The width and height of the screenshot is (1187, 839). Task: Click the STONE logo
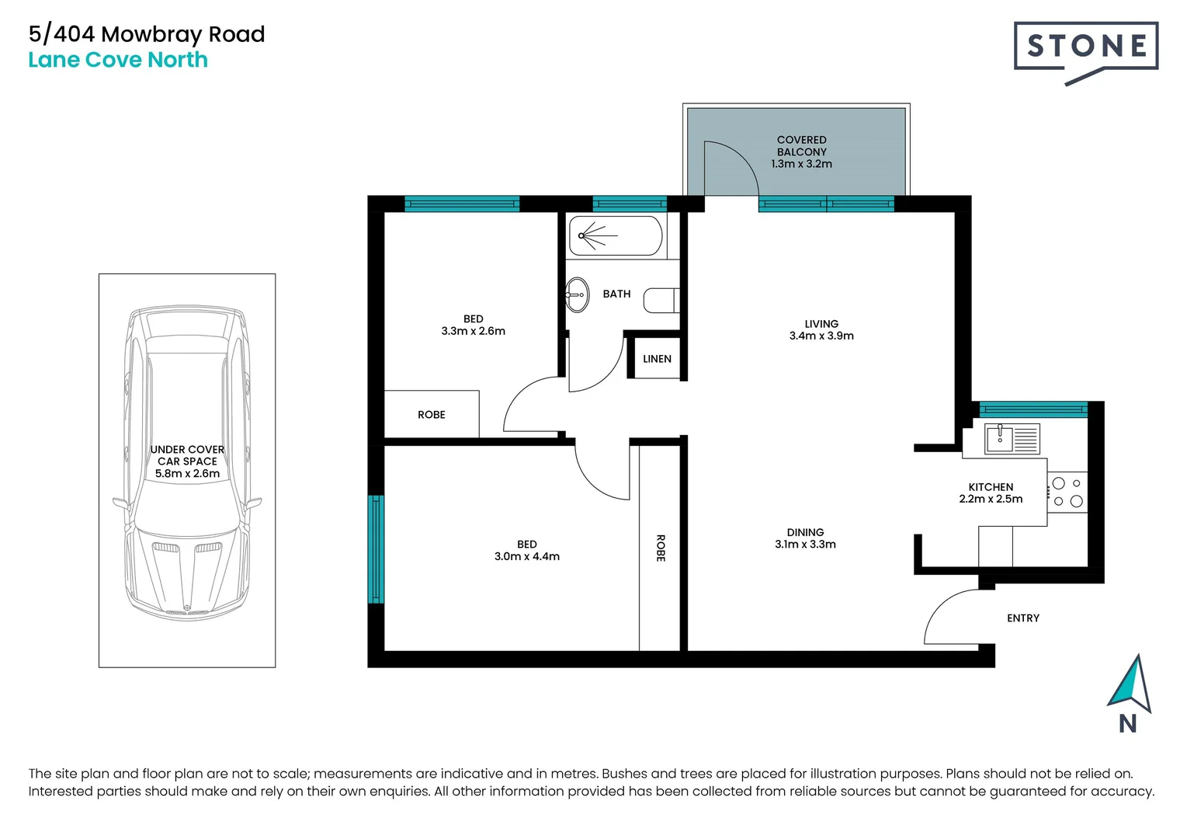pos(1085,48)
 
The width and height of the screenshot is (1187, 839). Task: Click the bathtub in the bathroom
pos(615,235)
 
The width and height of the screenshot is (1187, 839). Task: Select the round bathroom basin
pos(576,294)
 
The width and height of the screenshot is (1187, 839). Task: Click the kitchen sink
pos(1012,439)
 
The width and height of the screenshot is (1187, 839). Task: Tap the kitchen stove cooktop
pos(1067,493)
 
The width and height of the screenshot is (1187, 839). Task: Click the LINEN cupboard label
pos(657,359)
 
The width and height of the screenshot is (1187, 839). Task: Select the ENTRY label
pos(1022,618)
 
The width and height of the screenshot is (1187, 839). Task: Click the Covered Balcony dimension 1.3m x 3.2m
pos(801,164)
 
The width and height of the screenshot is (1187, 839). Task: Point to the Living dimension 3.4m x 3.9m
pos(821,336)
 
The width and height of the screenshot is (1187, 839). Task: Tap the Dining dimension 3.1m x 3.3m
pos(805,545)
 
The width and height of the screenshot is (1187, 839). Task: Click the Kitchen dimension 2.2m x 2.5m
pos(991,500)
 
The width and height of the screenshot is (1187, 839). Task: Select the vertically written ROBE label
pos(661,548)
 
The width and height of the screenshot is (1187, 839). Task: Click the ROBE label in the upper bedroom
pos(432,415)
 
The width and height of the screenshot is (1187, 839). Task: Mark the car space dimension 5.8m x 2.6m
pos(187,474)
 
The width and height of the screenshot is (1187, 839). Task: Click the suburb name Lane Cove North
pos(118,60)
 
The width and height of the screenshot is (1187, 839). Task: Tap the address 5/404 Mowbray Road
pos(147,34)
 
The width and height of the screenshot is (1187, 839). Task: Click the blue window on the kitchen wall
pos(1033,409)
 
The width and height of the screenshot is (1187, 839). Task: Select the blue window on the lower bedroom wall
pos(376,548)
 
